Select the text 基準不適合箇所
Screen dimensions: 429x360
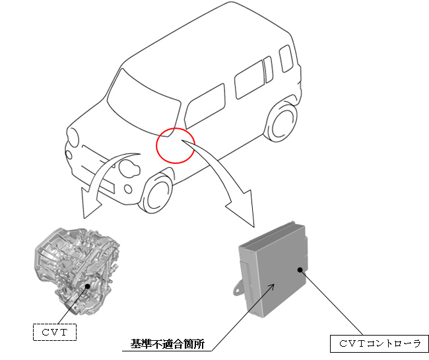click(x=167, y=344)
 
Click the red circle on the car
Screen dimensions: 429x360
click(x=156, y=145)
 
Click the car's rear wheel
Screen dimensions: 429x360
click(x=282, y=122)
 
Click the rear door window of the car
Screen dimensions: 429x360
click(x=249, y=80)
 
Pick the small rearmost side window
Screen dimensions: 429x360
click(x=286, y=59)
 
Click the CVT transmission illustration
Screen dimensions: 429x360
click(x=77, y=270)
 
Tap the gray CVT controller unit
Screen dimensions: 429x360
click(x=272, y=270)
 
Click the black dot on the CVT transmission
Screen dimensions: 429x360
click(x=88, y=286)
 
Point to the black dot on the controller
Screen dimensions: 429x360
click(x=300, y=270)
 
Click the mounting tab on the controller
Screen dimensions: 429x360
click(x=238, y=289)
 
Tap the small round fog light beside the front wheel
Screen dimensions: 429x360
click(x=128, y=189)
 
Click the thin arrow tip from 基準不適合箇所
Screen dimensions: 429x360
click(x=274, y=284)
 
